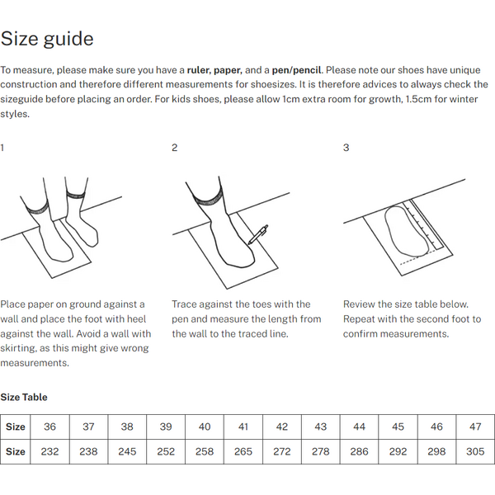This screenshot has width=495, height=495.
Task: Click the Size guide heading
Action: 47,39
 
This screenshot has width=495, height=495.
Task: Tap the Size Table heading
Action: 24,397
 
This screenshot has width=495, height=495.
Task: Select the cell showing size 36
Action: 50,427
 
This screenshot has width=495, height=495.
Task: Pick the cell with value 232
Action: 50,451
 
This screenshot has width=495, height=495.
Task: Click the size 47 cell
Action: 475,427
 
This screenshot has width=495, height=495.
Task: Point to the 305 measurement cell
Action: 475,451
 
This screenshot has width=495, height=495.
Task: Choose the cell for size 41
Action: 243,427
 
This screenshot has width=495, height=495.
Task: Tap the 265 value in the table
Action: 243,451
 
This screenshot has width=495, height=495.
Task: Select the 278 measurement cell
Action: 321,451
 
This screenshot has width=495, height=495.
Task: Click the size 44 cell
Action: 360,427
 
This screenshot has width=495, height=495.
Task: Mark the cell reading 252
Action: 166,451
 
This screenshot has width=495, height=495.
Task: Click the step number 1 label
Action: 2,148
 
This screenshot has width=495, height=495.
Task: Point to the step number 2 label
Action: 174,148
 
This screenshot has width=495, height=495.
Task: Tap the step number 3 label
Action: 346,148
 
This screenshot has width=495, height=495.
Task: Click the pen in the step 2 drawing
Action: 257,234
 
